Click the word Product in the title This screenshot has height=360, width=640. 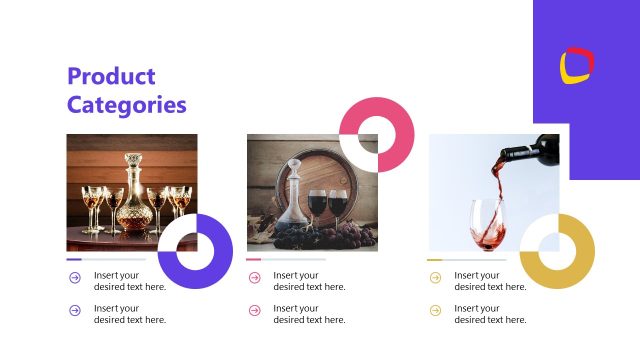point(111,76)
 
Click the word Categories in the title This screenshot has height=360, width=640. point(127,104)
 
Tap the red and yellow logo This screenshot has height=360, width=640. point(577,66)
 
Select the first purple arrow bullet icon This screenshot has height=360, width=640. point(75,277)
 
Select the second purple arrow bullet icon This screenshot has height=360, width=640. point(75,310)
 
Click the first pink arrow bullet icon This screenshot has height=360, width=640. point(255,277)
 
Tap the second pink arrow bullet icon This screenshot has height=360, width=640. point(255,310)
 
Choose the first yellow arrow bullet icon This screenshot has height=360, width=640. point(435,277)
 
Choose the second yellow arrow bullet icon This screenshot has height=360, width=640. point(435,310)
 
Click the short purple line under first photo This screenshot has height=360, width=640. point(74,259)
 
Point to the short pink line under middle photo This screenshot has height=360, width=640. point(254,259)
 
